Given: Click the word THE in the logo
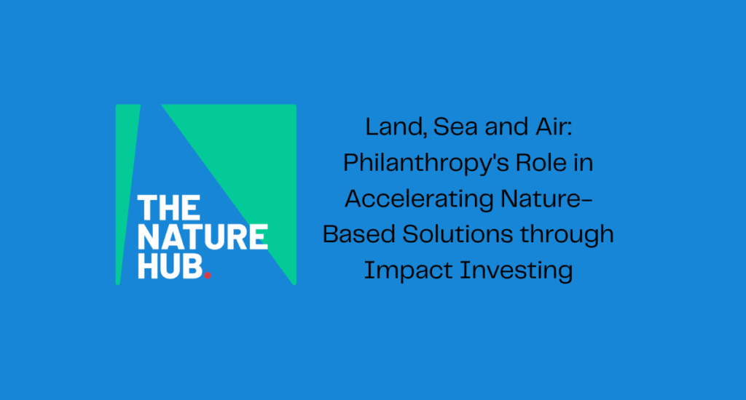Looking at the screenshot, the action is point(169,208).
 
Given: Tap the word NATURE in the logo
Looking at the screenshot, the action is point(203,236).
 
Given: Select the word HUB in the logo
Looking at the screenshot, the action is point(170,265).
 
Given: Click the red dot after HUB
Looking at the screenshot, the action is point(208,275).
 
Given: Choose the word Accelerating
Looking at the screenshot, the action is point(419,199).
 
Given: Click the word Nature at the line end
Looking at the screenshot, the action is point(546,199).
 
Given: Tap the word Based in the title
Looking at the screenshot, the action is point(358,234).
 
